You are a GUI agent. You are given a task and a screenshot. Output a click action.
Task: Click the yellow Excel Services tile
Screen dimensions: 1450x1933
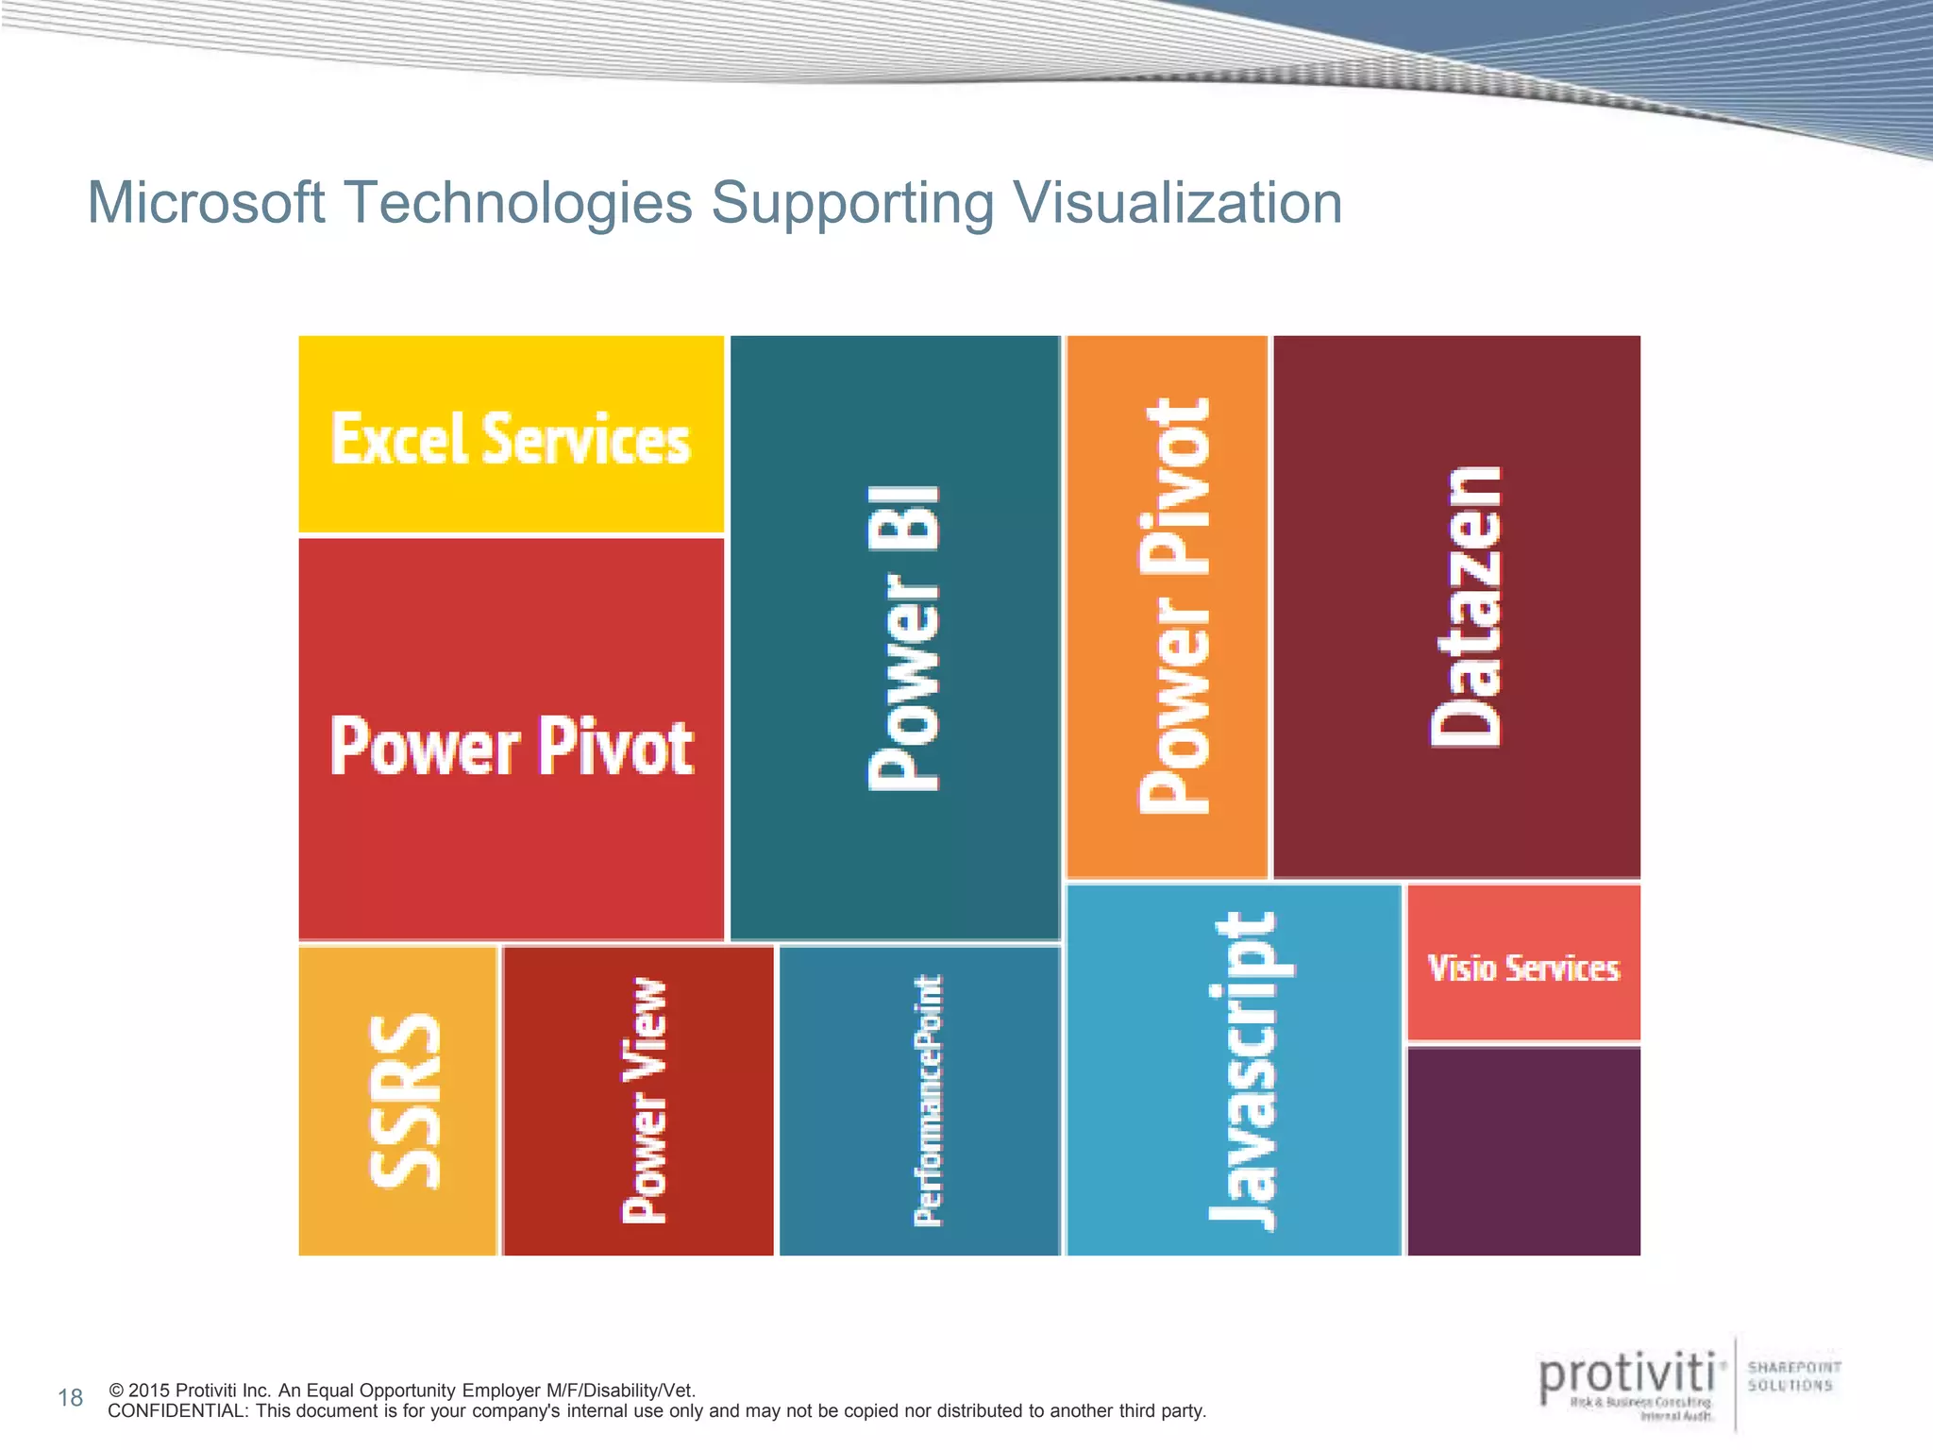[x=511, y=435]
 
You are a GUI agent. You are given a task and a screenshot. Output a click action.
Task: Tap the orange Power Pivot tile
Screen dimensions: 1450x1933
[x=1167, y=607]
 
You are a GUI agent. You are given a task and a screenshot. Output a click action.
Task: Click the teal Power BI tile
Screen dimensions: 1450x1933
[x=895, y=637]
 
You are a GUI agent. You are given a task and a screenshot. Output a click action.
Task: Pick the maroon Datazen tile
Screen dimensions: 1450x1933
[x=1456, y=607]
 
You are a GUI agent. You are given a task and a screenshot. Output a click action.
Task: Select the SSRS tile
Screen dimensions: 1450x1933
[x=397, y=1101]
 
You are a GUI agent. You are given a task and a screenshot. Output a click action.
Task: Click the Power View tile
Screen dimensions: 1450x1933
[x=638, y=1101]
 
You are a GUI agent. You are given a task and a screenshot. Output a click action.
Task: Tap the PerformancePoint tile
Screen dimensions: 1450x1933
[x=920, y=1101]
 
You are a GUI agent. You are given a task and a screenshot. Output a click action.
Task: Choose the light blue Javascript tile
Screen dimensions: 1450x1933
[x=1234, y=1071]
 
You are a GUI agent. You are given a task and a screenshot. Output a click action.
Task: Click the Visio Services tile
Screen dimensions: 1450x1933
[x=1523, y=967]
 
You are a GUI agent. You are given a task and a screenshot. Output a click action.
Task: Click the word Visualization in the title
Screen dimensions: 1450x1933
[x=1177, y=203]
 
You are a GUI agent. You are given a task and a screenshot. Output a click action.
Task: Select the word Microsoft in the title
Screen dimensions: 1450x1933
[x=206, y=203]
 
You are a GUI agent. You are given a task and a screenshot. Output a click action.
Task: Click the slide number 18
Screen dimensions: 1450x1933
[x=71, y=1398]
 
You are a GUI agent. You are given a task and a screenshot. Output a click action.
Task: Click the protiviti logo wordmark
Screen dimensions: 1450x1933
[x=1626, y=1377]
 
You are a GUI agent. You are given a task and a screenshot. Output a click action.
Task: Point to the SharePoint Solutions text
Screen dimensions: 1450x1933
[x=1793, y=1376]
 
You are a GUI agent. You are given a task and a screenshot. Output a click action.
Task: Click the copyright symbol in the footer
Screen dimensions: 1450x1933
[x=116, y=1391]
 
